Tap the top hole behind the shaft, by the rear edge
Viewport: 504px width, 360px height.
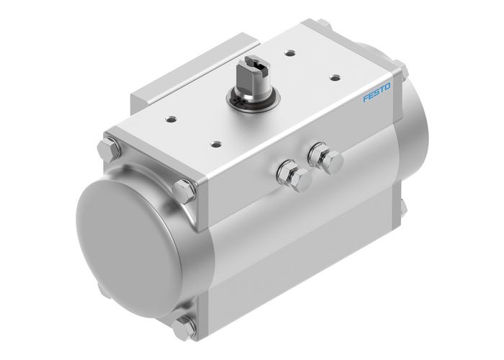tap(289, 53)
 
